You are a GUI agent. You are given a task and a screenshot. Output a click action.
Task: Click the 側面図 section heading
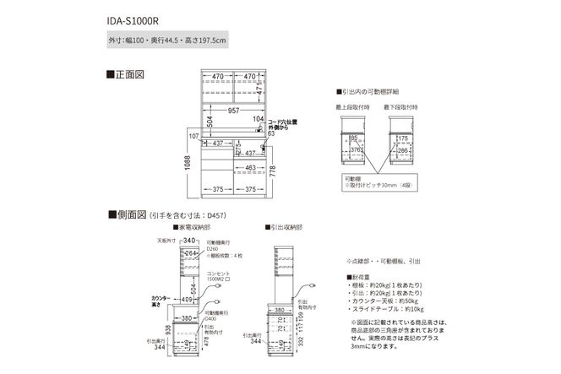128,214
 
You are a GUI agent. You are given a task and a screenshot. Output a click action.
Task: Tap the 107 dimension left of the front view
193,136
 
